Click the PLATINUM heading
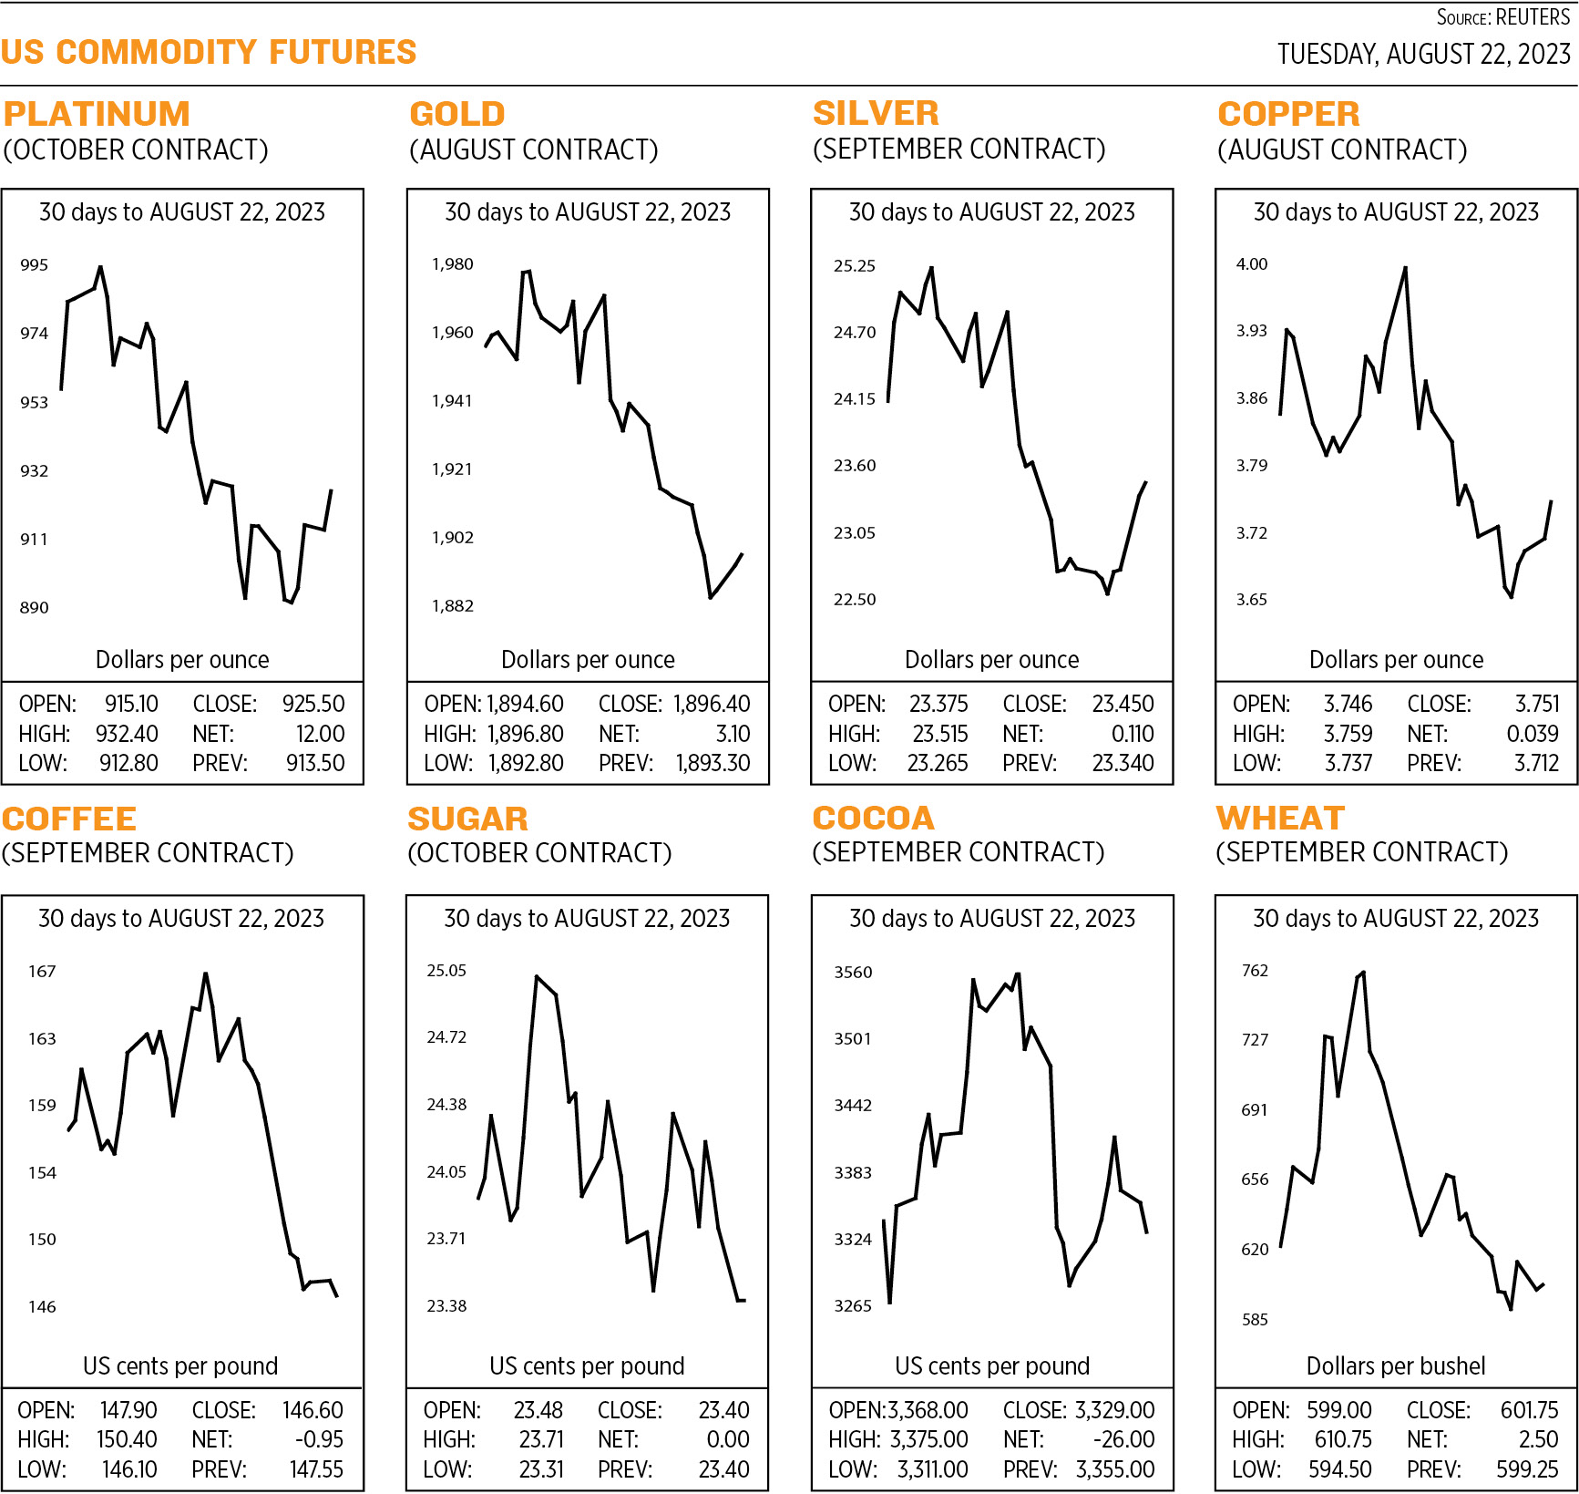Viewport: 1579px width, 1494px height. point(97,114)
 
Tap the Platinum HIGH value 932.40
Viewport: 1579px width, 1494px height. point(127,734)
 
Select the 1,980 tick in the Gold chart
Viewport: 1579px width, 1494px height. point(452,264)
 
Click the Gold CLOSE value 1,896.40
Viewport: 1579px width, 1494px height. point(712,704)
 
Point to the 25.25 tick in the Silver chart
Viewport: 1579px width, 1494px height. point(854,266)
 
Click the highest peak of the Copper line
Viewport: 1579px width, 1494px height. point(1405,268)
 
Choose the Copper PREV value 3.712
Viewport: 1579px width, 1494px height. point(1536,763)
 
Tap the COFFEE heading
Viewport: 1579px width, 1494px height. point(69,819)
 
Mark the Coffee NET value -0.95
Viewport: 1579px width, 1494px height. point(319,1439)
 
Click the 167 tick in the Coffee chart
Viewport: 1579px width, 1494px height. point(42,972)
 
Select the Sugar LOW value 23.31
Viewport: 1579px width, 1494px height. point(541,1469)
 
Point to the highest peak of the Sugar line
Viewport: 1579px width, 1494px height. point(538,976)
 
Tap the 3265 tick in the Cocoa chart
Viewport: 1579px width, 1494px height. point(853,1306)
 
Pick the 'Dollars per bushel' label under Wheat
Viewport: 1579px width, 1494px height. point(1395,1365)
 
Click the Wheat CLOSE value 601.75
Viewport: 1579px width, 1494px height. point(1529,1410)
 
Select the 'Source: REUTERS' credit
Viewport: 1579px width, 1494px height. point(1502,17)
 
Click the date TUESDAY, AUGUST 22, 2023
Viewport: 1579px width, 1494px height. point(1423,55)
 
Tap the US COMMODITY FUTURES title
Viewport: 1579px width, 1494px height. point(209,52)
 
